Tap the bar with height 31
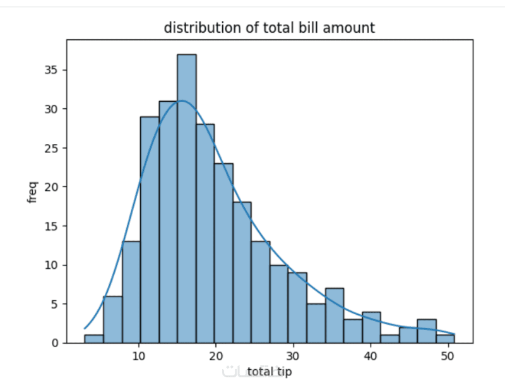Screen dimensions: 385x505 [x=168, y=222]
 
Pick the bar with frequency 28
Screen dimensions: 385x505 [x=205, y=233]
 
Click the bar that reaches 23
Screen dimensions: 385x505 [x=223, y=253]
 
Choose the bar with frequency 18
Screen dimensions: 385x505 [x=242, y=272]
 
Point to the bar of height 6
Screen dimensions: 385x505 [x=112, y=319]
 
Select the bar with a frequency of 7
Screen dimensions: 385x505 [x=335, y=315]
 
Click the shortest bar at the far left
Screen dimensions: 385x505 [x=93, y=339]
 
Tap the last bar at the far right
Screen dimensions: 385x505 [x=446, y=339]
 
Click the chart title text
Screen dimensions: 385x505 [x=270, y=27]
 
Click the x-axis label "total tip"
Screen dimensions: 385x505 [x=270, y=371]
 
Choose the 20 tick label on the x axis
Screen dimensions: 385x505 [x=216, y=356]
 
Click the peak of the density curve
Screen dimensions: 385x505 [x=182, y=101]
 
